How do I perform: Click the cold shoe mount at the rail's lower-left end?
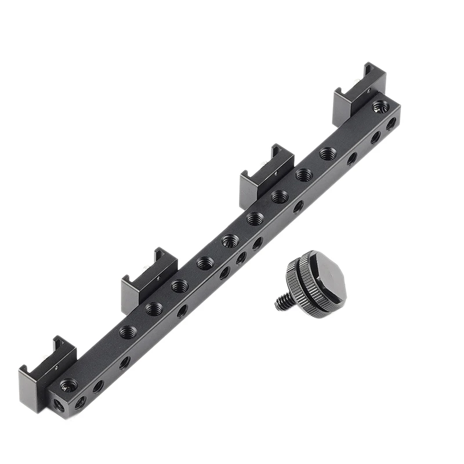[46, 365]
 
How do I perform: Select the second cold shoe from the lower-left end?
[148, 276]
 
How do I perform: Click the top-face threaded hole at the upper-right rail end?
[380, 106]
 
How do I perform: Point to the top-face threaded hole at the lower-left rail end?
[68, 384]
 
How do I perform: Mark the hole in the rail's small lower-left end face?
[59, 405]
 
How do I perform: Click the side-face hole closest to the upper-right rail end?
[391, 123]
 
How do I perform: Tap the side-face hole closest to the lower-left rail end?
[80, 401]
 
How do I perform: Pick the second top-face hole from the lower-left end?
[128, 332]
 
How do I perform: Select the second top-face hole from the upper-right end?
[328, 154]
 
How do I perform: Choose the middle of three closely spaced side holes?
[241, 258]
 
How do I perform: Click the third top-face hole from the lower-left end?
[154, 309]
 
